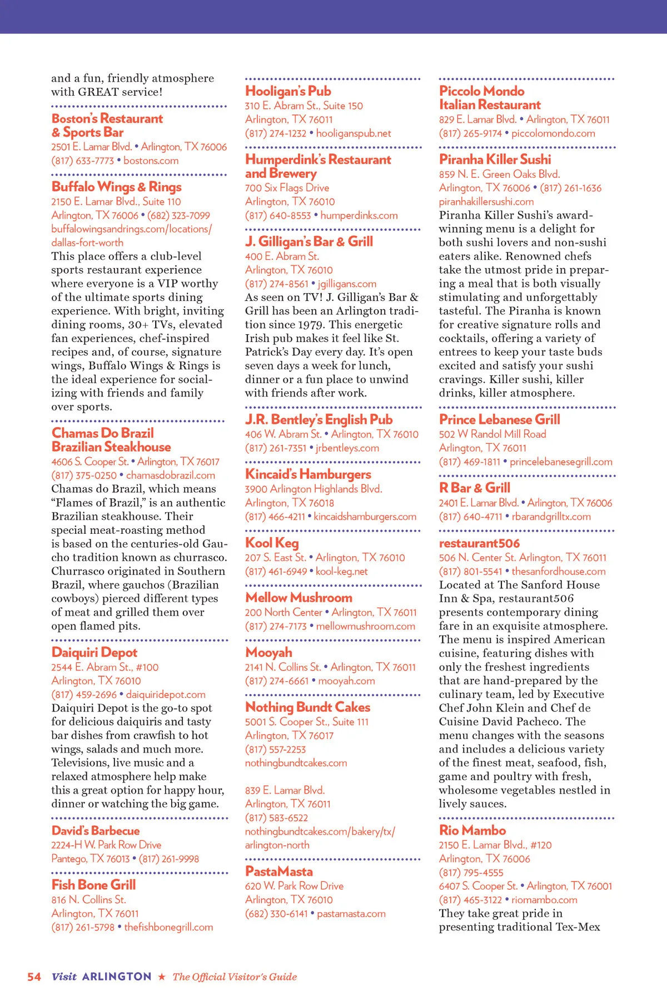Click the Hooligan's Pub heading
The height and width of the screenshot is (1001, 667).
tap(288, 91)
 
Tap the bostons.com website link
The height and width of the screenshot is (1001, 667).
tap(151, 161)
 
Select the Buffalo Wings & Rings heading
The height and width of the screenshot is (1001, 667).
tap(116, 187)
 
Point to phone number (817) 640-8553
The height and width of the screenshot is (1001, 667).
tap(278, 215)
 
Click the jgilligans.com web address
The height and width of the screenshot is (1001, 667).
tap(347, 284)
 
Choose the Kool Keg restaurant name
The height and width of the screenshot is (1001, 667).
tap(272, 543)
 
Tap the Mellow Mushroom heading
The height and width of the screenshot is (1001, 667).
tap(298, 597)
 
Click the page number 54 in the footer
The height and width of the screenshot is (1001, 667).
tap(34, 977)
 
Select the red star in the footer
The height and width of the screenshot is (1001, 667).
tap(162, 977)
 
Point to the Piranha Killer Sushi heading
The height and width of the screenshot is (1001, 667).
tap(495, 160)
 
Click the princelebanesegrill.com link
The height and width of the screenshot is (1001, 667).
tap(561, 462)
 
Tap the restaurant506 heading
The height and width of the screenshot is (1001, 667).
tap(479, 543)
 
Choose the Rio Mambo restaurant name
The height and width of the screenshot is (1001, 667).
tap(472, 830)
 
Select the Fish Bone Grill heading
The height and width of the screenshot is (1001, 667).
tap(93, 885)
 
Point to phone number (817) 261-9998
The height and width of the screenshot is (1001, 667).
tap(168, 859)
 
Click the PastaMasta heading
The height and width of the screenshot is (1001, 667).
tap(278, 871)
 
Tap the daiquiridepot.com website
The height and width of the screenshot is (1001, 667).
tap(166, 695)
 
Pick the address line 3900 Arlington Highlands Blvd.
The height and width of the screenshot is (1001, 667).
tap(313, 489)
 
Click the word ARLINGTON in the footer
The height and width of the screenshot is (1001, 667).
tap(117, 977)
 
